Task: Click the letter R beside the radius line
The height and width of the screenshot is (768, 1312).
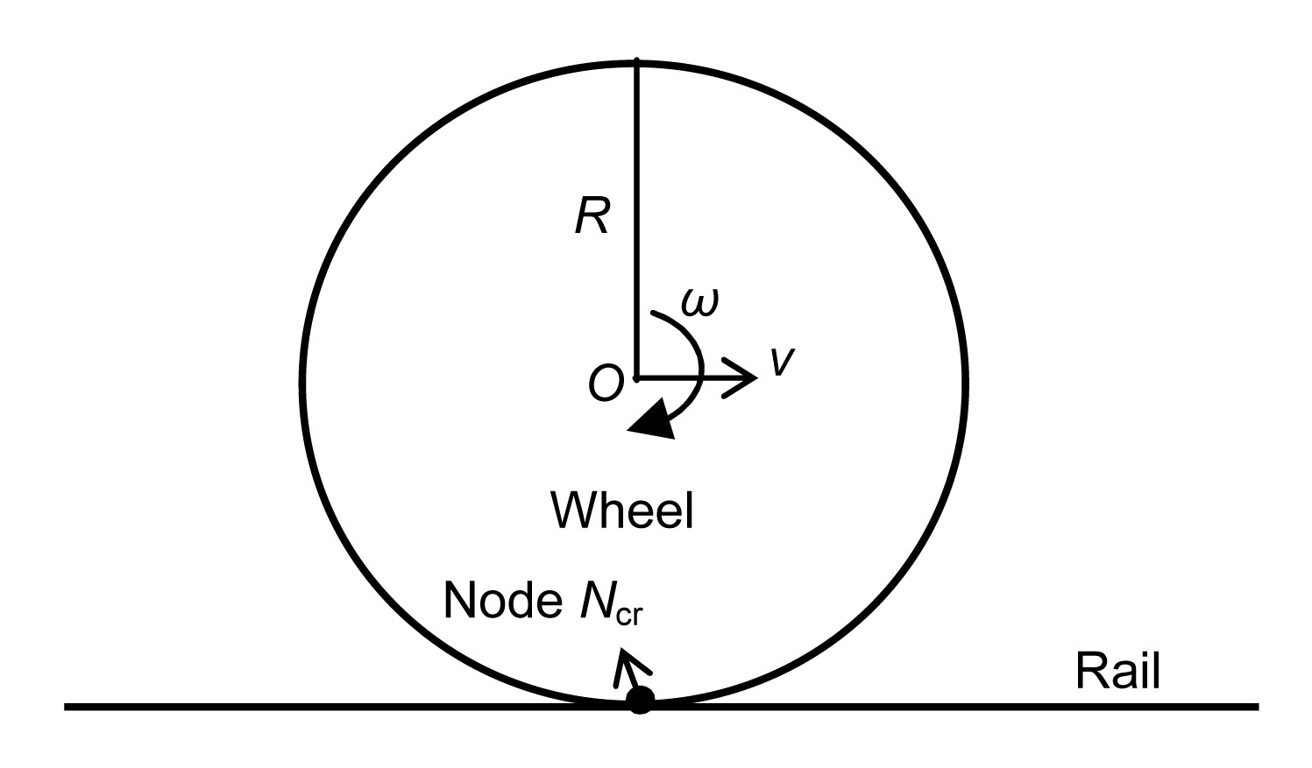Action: [x=592, y=215]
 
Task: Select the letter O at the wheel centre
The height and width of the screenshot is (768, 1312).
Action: [x=605, y=383]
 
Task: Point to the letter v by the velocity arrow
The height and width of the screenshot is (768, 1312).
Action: [x=783, y=361]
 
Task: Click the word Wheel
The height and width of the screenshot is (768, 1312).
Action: [x=621, y=511]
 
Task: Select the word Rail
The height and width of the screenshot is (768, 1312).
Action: [x=1117, y=672]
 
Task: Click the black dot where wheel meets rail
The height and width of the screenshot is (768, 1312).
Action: [x=640, y=701]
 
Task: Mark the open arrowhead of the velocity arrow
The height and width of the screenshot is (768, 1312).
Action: [x=741, y=378]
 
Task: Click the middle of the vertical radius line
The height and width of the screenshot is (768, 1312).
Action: [x=636, y=219]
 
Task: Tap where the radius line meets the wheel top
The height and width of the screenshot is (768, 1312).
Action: [x=636, y=62]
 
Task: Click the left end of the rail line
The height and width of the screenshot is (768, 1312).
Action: [x=67, y=706]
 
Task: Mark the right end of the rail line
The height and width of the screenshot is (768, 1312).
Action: [x=1257, y=706]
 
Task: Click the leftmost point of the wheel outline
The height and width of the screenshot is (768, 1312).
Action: [x=303, y=383]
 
